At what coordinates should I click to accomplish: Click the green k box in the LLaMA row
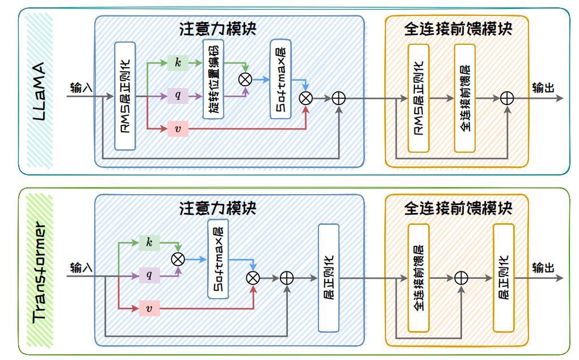(x=178, y=63)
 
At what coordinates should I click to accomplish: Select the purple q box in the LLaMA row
(x=178, y=95)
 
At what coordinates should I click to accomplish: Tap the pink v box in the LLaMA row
(x=178, y=129)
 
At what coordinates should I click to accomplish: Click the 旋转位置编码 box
(x=213, y=79)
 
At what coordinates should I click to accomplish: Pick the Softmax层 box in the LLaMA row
(x=280, y=79)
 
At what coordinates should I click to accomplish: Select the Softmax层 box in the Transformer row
(x=218, y=259)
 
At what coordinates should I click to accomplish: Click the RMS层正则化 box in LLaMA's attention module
(x=125, y=96)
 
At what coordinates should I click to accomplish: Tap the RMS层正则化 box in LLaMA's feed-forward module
(x=418, y=98)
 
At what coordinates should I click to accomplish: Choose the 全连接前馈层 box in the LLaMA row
(x=465, y=98)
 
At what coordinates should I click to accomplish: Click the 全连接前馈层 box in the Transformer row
(x=418, y=278)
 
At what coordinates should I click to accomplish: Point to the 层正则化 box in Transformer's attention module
(x=329, y=278)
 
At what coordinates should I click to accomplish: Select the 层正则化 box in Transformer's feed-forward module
(x=504, y=278)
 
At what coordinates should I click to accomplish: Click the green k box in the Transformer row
(x=149, y=242)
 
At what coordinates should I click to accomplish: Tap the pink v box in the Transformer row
(x=149, y=308)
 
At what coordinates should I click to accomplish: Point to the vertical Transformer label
(x=39, y=273)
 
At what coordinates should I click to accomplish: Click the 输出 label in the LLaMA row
(x=543, y=88)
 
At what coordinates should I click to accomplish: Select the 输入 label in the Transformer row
(x=81, y=267)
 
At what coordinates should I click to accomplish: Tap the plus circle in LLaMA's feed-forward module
(x=507, y=99)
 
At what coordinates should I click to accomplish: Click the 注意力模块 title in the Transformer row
(x=218, y=208)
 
